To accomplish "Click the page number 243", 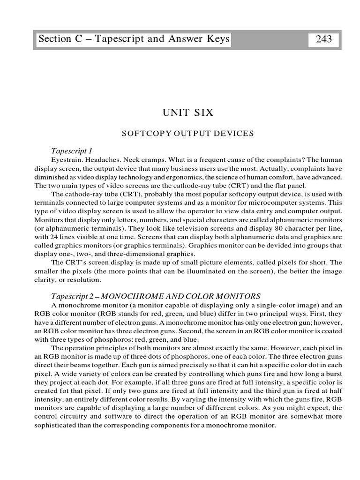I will [x=324, y=39].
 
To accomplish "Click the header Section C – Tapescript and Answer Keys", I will [x=134, y=39].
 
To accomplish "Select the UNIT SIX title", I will [x=187, y=113].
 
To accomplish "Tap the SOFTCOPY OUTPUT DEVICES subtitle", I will [x=187, y=134].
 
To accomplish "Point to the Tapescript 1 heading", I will [x=71, y=151].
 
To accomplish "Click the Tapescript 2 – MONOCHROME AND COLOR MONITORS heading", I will [x=155, y=296].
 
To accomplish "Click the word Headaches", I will [x=105, y=160].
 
